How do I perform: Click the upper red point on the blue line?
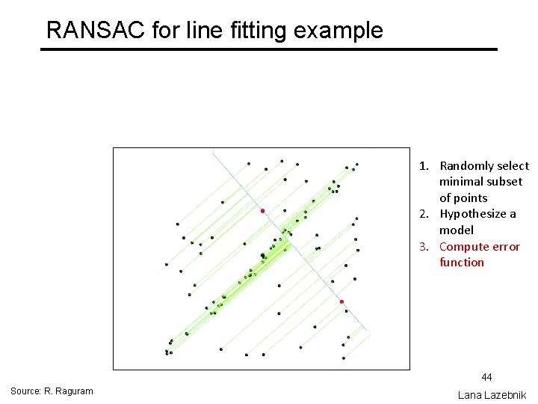click(262, 212)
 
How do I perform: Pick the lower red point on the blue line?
click(341, 302)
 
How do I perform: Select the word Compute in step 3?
click(463, 246)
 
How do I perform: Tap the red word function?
click(462, 263)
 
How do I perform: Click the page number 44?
click(486, 377)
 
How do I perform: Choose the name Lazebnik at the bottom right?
click(503, 394)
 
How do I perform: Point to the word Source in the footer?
click(25, 391)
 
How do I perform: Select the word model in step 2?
click(456, 230)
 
